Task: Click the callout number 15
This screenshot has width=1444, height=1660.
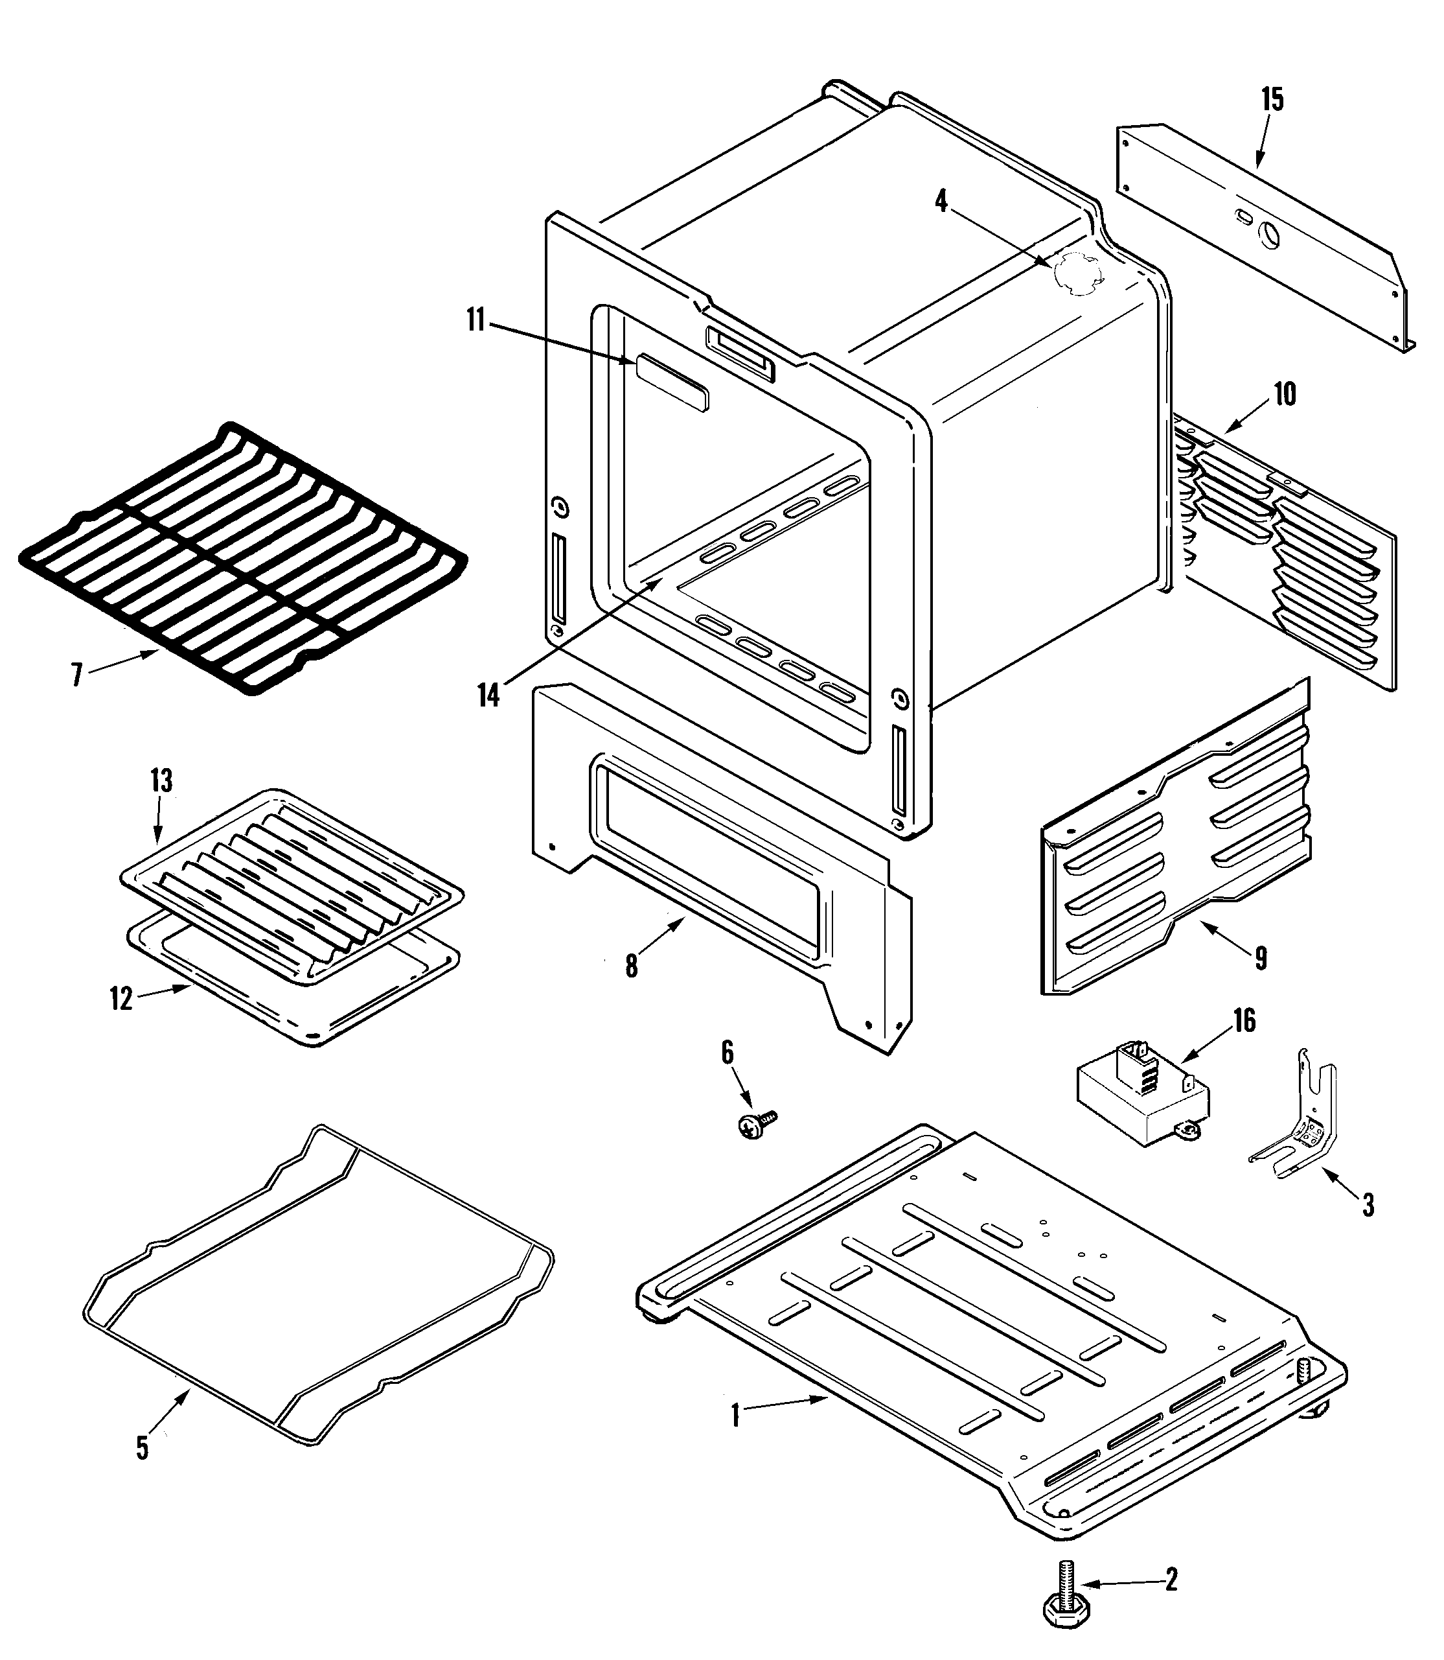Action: coord(1272,100)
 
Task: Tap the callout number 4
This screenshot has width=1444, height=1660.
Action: coord(941,201)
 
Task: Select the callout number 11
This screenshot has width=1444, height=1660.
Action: coord(476,320)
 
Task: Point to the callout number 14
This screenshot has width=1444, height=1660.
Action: coord(488,695)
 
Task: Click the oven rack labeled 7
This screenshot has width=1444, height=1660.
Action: coord(242,556)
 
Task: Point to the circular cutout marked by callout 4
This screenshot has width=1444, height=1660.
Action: coord(1078,275)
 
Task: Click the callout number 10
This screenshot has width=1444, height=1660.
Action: coord(1285,394)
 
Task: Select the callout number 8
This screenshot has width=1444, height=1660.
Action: coord(632,966)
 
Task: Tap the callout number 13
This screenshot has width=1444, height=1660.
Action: coord(161,780)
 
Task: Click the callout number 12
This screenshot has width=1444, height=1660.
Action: coord(121,999)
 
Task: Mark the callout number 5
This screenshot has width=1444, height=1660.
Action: coord(142,1448)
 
